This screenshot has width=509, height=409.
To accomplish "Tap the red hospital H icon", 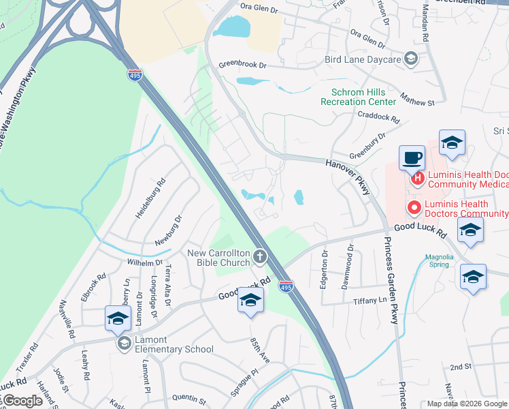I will point(418,179).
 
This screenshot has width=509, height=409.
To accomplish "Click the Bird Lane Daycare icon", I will point(411,59).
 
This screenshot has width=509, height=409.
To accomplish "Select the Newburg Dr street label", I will point(170,230).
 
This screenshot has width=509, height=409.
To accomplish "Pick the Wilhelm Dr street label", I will point(143,262).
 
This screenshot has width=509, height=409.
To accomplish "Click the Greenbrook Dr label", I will point(242,66).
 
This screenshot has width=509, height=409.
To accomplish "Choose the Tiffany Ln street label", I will point(370,301).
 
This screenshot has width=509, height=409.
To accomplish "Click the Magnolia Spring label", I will point(439,261).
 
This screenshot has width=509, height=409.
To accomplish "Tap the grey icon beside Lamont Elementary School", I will point(123,343).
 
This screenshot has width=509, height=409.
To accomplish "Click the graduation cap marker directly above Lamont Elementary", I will point(118,318).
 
